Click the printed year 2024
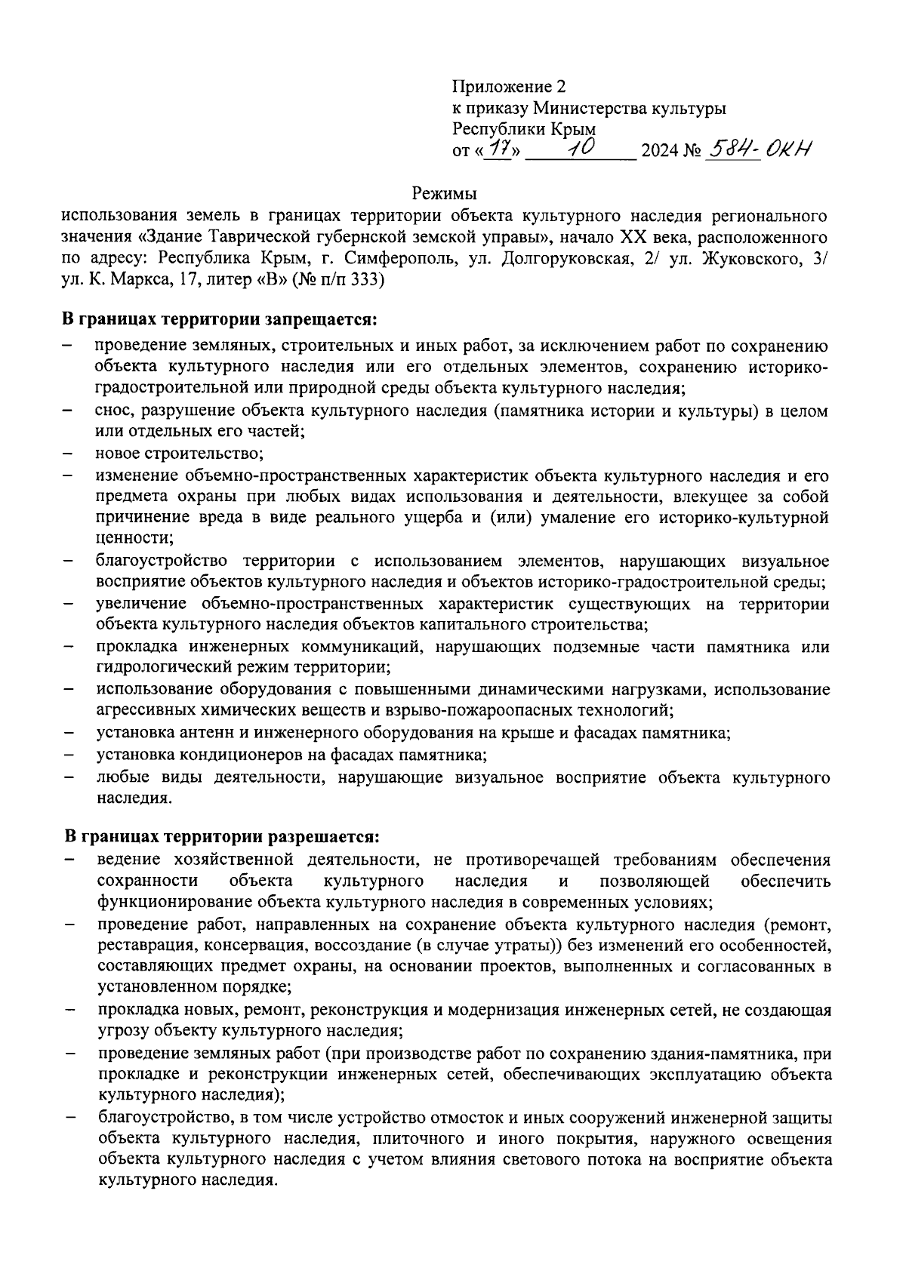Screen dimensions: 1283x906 tap(659, 151)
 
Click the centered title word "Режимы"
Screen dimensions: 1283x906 tap(445, 194)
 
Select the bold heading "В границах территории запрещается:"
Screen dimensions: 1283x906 tap(219, 320)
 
